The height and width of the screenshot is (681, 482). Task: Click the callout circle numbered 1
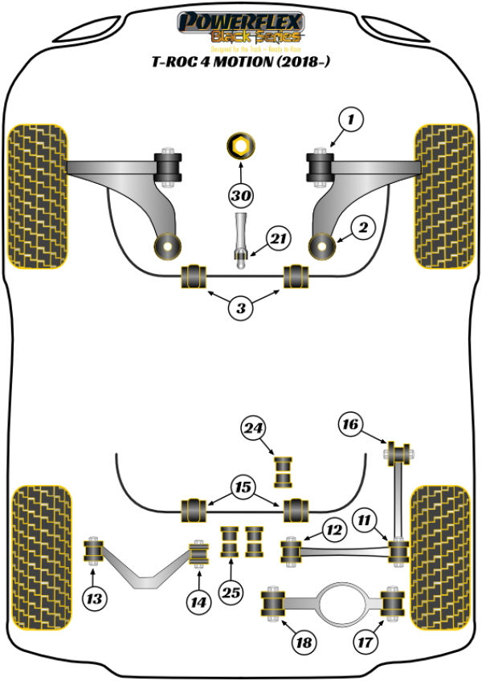point(350,121)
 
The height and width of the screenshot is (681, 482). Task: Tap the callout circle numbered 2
point(362,229)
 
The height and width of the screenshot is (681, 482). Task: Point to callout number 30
point(240,196)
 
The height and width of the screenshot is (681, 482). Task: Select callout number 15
point(242,487)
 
